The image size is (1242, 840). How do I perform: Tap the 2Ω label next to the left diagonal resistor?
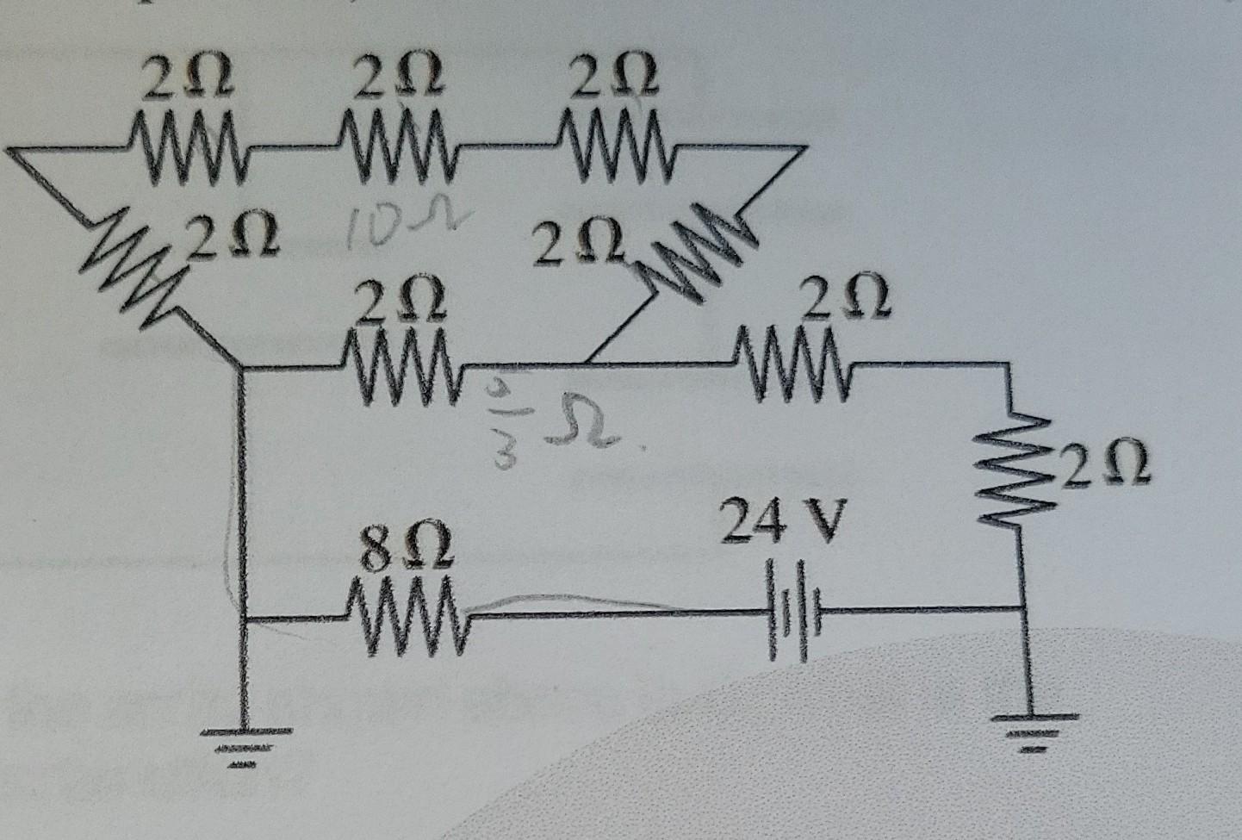click(232, 234)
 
